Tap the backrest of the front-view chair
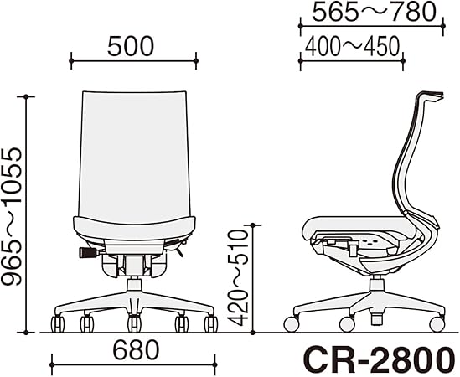pos(134,151)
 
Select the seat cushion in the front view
pos(134,228)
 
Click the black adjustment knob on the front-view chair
pos(86,250)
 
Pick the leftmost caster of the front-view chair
pos(59,323)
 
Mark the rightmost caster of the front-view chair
pos(210,323)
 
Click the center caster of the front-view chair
pos(134,323)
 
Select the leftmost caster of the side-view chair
pos(292,323)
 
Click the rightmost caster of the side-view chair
pos(436,323)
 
